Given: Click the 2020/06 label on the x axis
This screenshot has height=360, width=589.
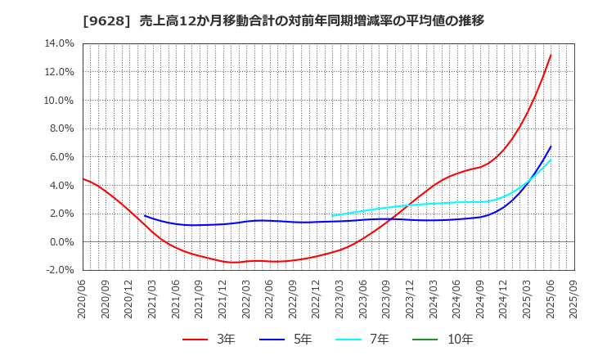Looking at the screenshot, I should (x=83, y=298).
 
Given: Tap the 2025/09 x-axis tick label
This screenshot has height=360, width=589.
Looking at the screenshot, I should (x=574, y=298).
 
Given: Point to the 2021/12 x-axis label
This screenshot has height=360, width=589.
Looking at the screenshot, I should (x=223, y=298).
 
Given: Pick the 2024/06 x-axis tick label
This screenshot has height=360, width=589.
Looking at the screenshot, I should (x=457, y=298).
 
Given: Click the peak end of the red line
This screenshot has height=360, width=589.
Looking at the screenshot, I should (x=551, y=55).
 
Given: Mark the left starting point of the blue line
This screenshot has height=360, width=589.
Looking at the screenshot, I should (x=145, y=216).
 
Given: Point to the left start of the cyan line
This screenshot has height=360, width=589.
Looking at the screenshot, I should (x=332, y=215).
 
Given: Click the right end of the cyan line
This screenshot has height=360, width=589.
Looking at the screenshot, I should (x=551, y=160).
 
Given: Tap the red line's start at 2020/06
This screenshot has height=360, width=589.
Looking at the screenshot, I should (x=83, y=178).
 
